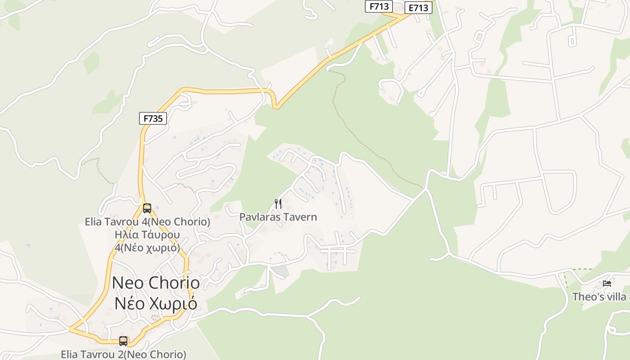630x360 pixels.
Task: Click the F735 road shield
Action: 153,118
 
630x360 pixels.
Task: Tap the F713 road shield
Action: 378,6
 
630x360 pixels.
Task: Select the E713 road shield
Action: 418,8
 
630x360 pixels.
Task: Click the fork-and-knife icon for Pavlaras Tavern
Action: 278,204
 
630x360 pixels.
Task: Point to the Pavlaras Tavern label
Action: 278,217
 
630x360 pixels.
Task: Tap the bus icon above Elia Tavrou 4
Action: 147,208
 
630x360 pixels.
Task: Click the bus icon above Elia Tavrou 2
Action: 123,341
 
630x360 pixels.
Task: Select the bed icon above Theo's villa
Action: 607,283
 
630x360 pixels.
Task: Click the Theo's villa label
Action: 600,297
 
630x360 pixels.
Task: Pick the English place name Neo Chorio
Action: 156,283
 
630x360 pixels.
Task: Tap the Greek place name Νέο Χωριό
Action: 156,303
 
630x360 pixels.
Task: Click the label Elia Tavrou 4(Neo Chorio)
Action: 148,222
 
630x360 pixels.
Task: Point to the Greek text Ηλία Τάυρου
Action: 147,235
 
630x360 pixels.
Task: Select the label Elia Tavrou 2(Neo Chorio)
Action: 123,354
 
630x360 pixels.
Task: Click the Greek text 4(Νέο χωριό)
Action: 147,247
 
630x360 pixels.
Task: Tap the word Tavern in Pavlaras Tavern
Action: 301,217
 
